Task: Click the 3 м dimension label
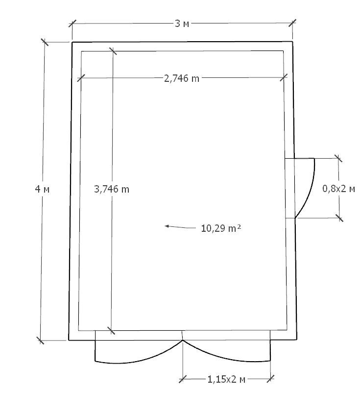coord(182,24)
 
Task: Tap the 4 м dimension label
coord(42,189)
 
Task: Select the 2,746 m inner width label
coord(182,78)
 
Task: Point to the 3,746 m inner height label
coord(112,189)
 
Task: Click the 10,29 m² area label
coord(221,228)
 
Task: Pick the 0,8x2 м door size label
coord(338,189)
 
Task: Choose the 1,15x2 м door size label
coord(226,379)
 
